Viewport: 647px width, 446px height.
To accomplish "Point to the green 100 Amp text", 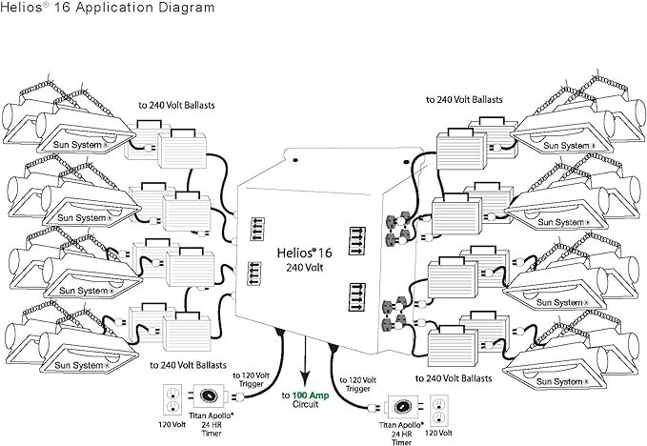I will pyautogui.click(x=311, y=394).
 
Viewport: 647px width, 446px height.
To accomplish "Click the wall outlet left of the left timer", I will pyautogui.click(x=172, y=396).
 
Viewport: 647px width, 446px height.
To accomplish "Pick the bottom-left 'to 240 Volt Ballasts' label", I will pyautogui.click(x=195, y=364).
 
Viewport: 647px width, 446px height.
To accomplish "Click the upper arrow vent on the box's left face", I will pyautogui.click(x=255, y=230).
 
